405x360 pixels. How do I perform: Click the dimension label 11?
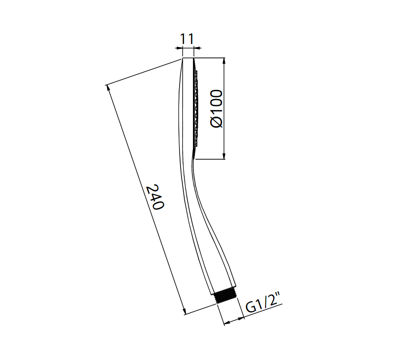tap(186, 39)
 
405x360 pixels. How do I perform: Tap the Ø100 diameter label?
tap(216, 109)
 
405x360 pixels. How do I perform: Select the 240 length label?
tap(155, 197)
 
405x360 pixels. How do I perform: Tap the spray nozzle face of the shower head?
tap(196, 109)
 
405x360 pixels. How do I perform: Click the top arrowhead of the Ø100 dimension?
tap(224, 61)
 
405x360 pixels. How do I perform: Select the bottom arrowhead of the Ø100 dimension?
tap(224, 156)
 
